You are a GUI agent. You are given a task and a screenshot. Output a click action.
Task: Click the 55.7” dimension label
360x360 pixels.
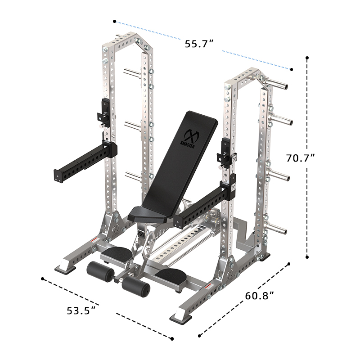[x=198, y=44]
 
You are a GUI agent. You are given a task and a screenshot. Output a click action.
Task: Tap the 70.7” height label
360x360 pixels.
[x=300, y=158]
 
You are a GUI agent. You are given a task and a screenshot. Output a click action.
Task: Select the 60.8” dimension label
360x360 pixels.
[x=260, y=297]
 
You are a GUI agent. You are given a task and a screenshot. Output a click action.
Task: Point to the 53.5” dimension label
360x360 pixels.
[x=81, y=310]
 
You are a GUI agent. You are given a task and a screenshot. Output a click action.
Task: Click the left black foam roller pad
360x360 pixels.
[x=100, y=271]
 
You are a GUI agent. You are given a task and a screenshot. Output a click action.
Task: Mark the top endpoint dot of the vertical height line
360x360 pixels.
[x=307, y=58]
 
